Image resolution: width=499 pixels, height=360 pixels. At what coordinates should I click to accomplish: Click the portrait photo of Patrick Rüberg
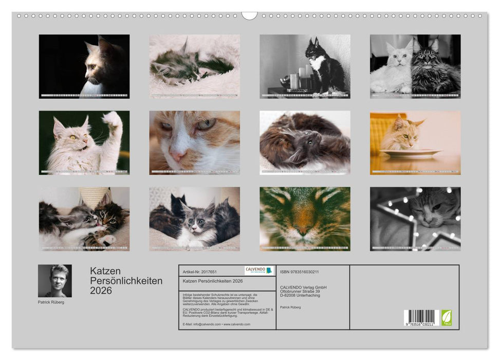[55, 281]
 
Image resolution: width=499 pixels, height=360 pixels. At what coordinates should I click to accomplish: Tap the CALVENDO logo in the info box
[259, 271]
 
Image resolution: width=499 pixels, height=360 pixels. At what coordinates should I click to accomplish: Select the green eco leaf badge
[447, 317]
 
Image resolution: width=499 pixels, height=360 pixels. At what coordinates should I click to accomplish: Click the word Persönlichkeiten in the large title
[126, 281]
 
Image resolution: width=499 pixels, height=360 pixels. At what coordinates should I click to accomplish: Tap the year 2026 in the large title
[101, 291]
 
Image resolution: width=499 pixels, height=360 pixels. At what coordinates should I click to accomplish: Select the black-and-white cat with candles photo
[305, 66]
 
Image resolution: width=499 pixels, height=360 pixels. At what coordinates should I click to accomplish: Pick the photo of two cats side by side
[415, 66]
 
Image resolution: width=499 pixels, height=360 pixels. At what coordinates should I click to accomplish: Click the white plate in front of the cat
[410, 153]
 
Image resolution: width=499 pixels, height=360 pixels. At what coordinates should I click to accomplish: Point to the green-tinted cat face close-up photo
[305, 219]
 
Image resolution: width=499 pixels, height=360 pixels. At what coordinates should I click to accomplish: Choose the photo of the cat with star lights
[415, 219]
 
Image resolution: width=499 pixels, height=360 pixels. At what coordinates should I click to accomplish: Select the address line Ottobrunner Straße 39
[303, 291]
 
